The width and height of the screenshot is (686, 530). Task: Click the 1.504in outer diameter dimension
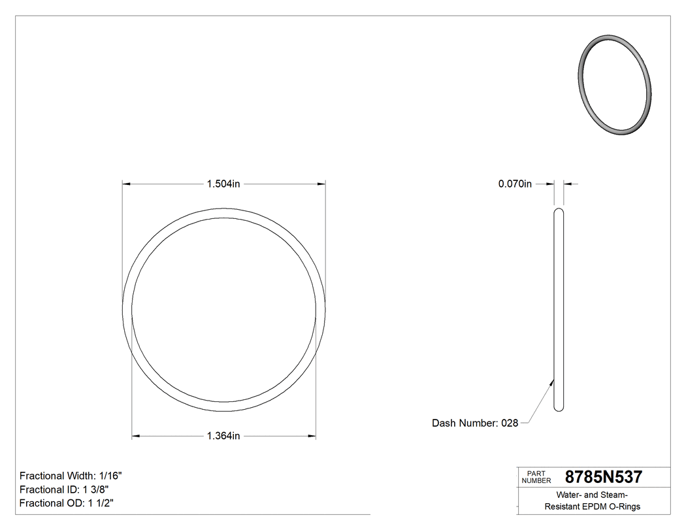point(223,184)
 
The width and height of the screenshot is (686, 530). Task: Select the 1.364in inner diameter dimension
point(223,436)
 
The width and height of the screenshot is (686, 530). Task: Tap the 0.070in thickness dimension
point(515,184)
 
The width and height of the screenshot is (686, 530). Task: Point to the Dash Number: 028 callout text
point(475,423)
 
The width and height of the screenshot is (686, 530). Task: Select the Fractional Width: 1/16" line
point(71,476)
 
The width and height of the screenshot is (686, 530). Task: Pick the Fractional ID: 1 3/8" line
point(64,489)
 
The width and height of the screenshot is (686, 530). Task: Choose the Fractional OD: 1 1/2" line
point(67,503)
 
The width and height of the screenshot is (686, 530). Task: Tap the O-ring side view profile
point(559,310)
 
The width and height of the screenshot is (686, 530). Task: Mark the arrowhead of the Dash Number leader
point(552,382)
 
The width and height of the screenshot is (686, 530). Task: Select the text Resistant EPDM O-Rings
point(593,506)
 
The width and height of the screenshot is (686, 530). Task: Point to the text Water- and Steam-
point(593,495)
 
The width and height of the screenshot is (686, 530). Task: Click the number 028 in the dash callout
point(510,423)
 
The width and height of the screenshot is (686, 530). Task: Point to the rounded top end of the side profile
point(559,210)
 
